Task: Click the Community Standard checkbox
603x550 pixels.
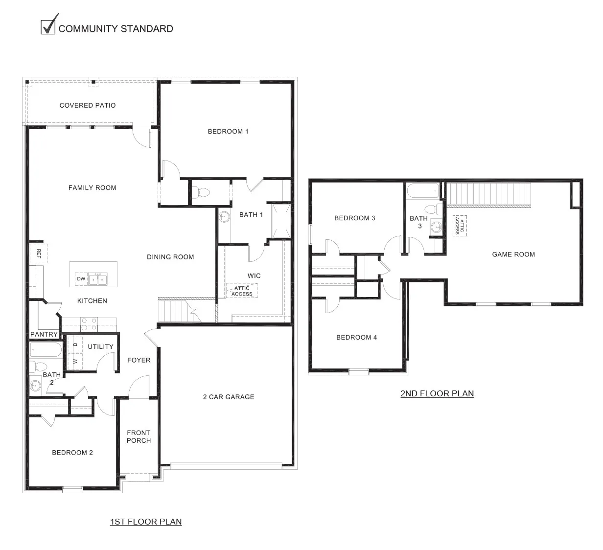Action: [x=47, y=27]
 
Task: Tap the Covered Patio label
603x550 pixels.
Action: [x=88, y=105]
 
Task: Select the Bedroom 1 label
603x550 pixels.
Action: [x=228, y=131]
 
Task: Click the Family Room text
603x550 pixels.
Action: [x=93, y=187]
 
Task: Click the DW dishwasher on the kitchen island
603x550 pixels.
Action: [x=81, y=279]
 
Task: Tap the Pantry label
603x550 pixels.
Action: [x=44, y=334]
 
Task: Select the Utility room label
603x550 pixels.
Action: [x=101, y=346]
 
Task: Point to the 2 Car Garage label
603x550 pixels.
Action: [x=229, y=397]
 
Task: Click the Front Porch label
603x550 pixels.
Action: [x=139, y=436]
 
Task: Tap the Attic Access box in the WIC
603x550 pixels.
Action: [x=242, y=291]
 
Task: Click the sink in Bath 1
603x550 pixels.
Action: [x=224, y=216]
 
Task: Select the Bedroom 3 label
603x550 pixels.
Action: [x=355, y=218]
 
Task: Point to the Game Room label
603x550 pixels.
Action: [x=513, y=254]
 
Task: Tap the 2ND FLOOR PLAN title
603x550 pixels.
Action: [x=437, y=393]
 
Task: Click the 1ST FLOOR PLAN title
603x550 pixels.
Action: [x=146, y=522]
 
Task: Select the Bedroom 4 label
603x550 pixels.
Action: [x=357, y=337]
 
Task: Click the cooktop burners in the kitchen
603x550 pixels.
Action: [x=89, y=324]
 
